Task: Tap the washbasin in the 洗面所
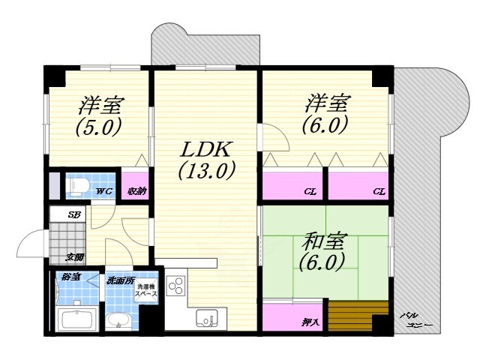119,322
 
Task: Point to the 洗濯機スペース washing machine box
145,292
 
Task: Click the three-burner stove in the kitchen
176,286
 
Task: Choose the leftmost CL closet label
310,193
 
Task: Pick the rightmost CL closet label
380,193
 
